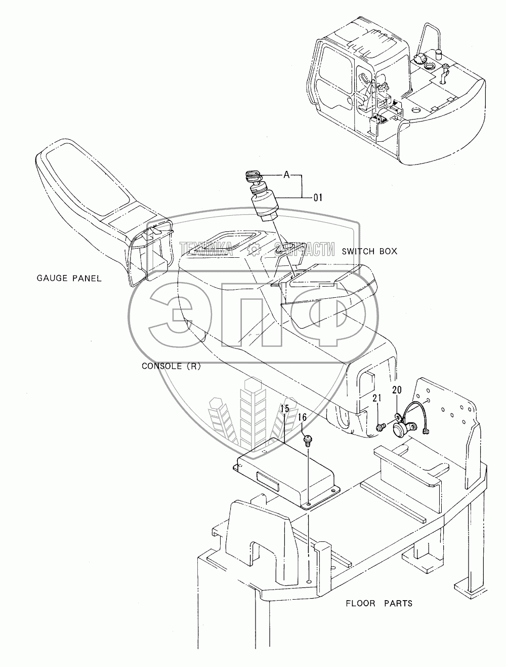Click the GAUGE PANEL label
(69, 278)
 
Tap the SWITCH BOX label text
(369, 251)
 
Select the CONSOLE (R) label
(171, 367)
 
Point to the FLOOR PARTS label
(378, 603)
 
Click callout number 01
(318, 197)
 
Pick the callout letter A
(286, 175)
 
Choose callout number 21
(376, 399)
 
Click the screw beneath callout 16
(306, 441)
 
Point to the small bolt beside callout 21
(380, 428)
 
